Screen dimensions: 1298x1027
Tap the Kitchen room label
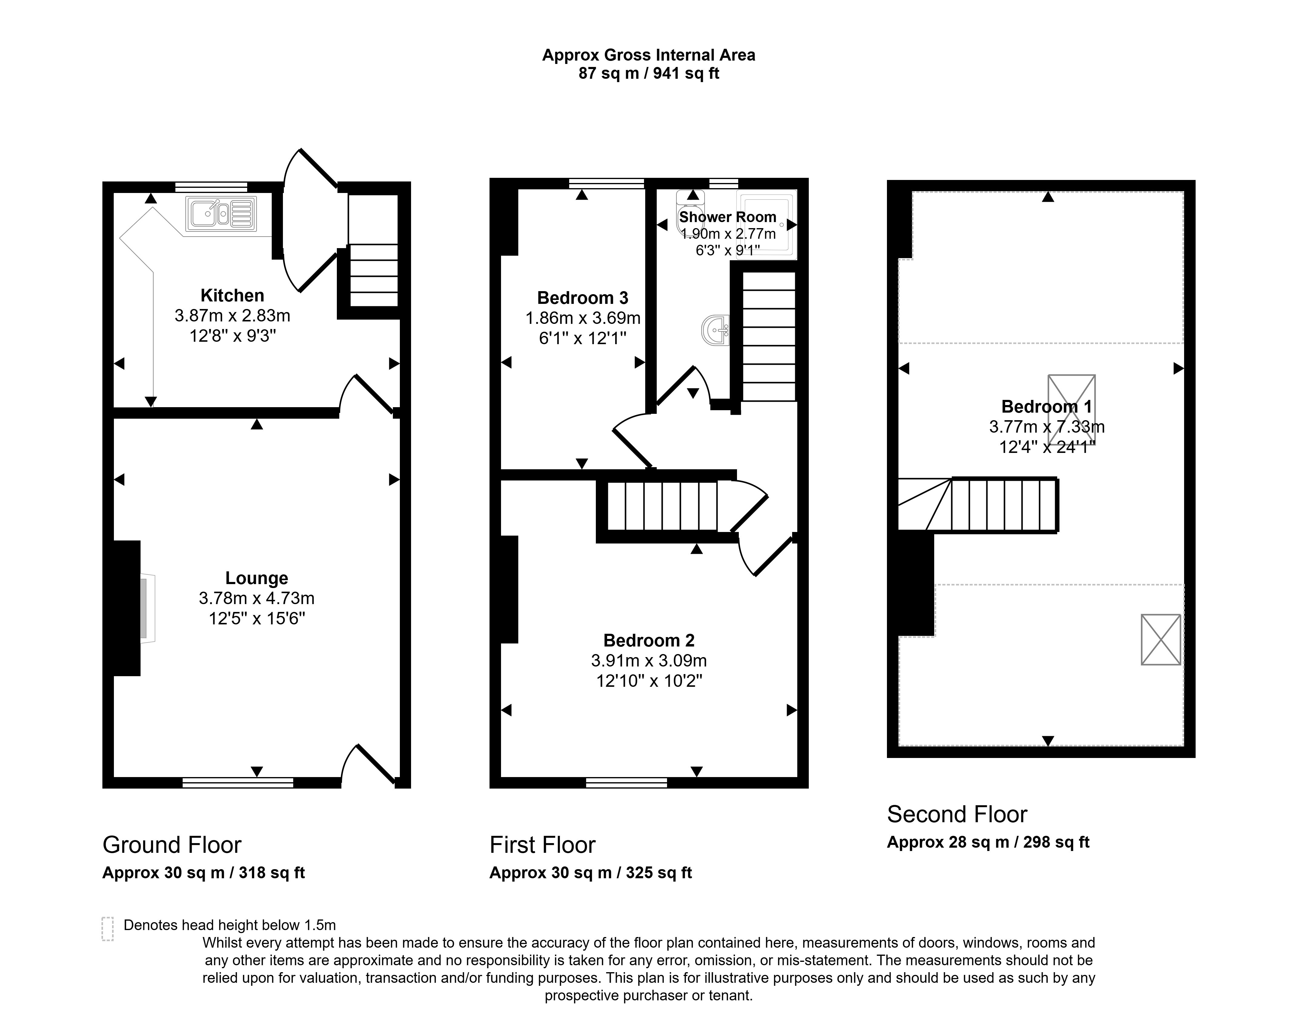(x=232, y=295)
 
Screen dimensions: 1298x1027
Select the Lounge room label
(x=257, y=578)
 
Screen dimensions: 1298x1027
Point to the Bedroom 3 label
(x=583, y=297)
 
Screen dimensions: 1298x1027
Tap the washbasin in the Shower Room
(x=715, y=330)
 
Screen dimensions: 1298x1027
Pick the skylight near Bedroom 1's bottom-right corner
(x=1160, y=639)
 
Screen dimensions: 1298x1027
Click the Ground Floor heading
(x=172, y=845)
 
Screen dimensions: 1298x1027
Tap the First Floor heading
(x=542, y=845)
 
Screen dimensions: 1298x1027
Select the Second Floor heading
(x=957, y=814)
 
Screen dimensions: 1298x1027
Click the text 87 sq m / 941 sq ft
(x=649, y=73)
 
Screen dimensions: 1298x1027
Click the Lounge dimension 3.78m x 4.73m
(x=257, y=598)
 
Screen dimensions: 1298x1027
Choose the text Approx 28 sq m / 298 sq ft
(x=988, y=843)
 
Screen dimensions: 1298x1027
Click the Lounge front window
(x=238, y=782)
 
